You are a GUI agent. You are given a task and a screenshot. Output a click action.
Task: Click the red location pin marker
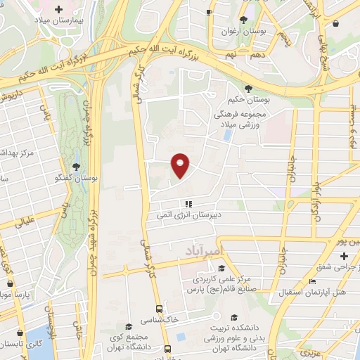tap(181, 165)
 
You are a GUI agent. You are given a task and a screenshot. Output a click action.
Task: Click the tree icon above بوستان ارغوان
tap(243, 20)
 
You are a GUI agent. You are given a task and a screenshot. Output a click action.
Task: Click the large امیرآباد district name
tap(203, 250)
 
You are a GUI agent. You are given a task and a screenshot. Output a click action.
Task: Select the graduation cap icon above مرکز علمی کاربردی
tap(221, 268)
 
